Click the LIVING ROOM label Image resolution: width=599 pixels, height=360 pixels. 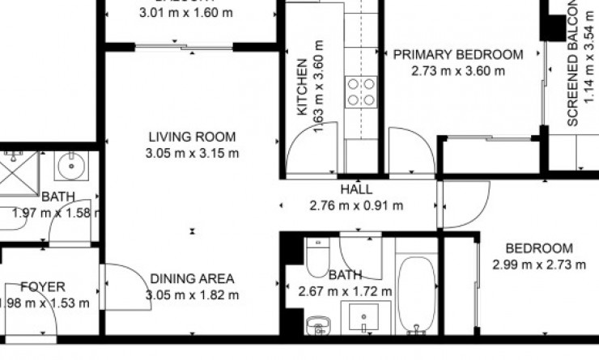click(x=192, y=137)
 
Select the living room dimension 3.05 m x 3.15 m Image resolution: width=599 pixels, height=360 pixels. click(x=192, y=153)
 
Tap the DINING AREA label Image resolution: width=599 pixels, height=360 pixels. click(x=192, y=279)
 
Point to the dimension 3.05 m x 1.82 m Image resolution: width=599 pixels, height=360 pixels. click(x=192, y=294)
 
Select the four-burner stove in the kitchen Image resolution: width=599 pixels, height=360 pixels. click(x=361, y=91)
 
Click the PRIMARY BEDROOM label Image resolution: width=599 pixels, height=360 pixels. click(x=457, y=55)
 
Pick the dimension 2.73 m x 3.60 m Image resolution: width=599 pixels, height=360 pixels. click(x=457, y=70)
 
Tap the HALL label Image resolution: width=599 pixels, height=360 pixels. click(x=356, y=189)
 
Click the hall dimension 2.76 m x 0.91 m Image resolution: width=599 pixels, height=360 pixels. click(x=356, y=205)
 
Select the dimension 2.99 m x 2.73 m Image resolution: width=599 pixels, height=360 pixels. click(x=538, y=264)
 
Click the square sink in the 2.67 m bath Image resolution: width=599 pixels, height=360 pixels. click(x=360, y=317)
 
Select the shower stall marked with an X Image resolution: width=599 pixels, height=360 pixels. click(x=18, y=172)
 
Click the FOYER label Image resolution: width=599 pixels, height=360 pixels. click(x=42, y=287)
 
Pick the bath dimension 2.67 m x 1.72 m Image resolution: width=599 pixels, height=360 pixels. click(x=345, y=291)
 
